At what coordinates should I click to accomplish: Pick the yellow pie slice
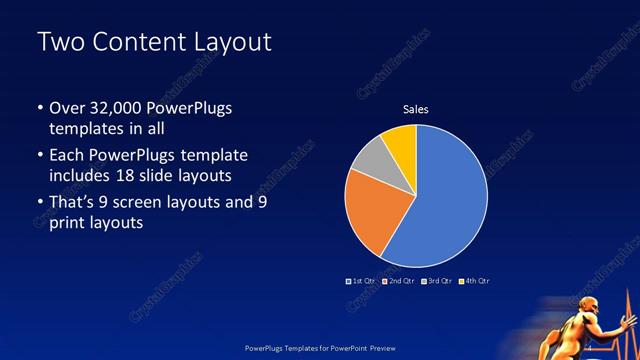click(x=400, y=140)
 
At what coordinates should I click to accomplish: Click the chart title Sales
click(x=415, y=109)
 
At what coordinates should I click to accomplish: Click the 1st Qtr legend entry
click(x=361, y=281)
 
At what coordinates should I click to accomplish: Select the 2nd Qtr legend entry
click(x=398, y=281)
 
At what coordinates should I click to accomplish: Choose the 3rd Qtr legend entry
click(x=437, y=281)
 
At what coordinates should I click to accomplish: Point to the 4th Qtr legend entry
click(x=474, y=281)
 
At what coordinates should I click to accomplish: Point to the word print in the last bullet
click(x=66, y=224)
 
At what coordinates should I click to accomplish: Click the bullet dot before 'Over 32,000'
click(x=39, y=109)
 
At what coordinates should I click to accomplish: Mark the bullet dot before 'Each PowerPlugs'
click(x=39, y=156)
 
